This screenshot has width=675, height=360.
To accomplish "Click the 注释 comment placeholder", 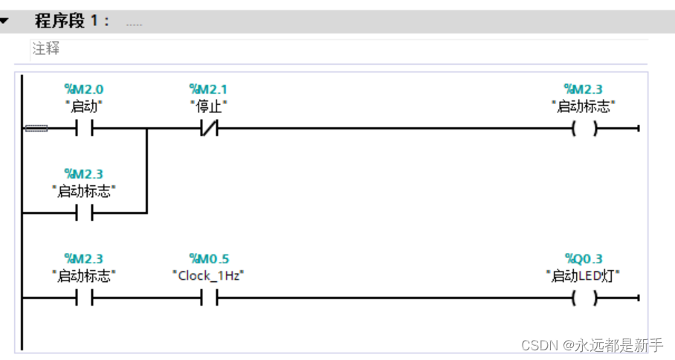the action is (45, 49).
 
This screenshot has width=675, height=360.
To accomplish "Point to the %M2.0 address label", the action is (84, 90).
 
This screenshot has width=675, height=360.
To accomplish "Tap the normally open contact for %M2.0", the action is (84, 129).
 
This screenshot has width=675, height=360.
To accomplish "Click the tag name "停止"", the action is (209, 106).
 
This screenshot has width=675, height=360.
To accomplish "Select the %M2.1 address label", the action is (209, 90).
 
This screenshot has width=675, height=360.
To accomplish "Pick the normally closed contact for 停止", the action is (209, 129).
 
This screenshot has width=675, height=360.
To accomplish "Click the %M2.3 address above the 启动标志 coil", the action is (584, 90).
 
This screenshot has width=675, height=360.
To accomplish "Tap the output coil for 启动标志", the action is (584, 129).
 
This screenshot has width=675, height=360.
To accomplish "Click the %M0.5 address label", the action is (209, 260).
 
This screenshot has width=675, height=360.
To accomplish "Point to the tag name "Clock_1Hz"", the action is (209, 276).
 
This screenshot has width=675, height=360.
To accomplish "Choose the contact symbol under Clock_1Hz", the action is (209, 299).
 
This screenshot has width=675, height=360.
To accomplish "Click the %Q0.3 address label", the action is (584, 260).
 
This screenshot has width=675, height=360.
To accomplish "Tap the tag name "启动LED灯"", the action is (584, 276).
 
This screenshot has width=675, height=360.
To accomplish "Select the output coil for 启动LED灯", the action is (584, 299).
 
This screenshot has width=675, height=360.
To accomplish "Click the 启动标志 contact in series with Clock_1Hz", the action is (84, 299).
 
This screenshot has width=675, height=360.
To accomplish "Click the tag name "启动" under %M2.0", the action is (84, 106).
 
